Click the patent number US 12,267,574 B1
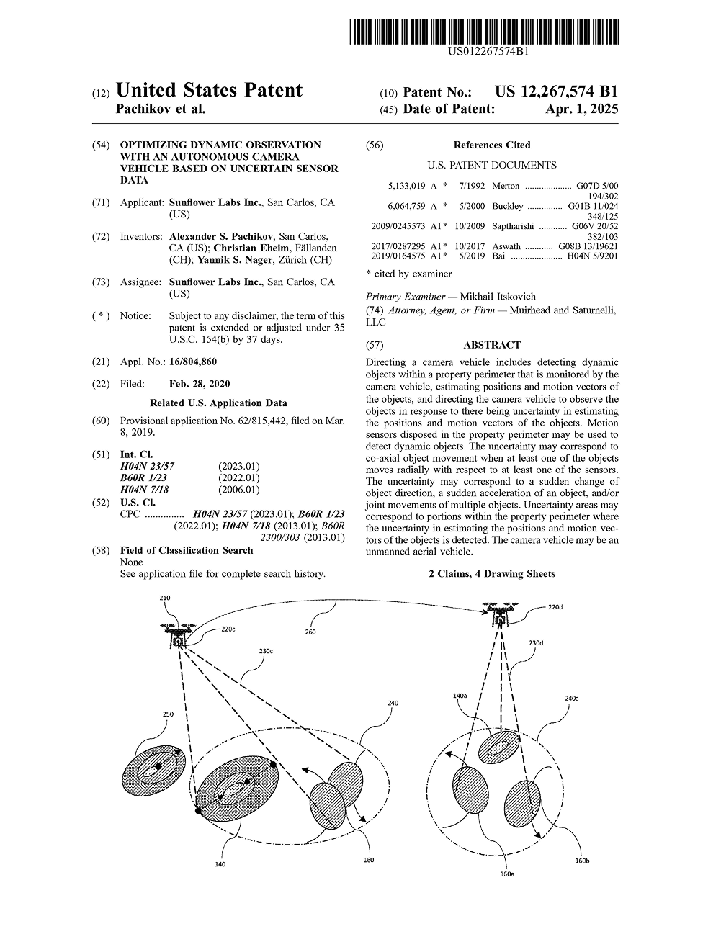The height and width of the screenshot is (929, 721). (556, 92)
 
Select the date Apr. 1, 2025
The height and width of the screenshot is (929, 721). (582, 109)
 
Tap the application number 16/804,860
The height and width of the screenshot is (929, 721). (193, 362)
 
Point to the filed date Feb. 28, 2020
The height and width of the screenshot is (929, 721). (200, 384)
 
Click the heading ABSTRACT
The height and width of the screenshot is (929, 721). (492, 345)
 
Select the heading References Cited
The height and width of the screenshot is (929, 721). (492, 145)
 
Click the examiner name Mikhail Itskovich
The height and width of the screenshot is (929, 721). (498, 297)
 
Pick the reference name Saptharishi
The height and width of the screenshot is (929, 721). (513, 226)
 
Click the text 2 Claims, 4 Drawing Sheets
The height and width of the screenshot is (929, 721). (492, 574)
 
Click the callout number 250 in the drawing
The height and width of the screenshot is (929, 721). (168, 714)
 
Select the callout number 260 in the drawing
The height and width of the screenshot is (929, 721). (310, 632)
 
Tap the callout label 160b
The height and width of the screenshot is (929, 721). (582, 861)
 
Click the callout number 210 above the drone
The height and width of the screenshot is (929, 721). (165, 598)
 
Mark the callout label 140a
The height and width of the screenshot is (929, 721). (460, 696)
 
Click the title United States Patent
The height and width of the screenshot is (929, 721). (209, 91)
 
